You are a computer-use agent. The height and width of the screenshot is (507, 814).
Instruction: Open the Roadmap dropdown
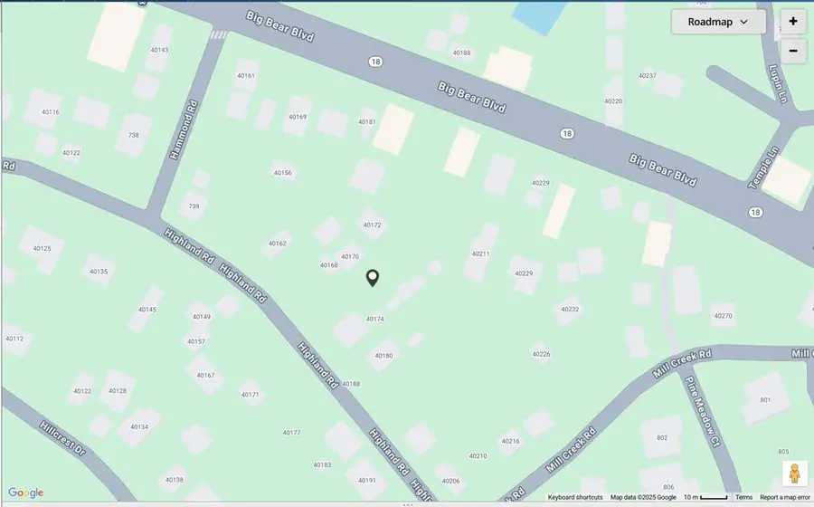click(x=718, y=22)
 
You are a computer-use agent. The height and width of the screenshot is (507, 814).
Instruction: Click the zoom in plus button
click(x=793, y=22)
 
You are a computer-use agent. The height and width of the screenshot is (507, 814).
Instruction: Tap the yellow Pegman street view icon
click(x=794, y=474)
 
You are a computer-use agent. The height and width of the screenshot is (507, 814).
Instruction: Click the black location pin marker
click(x=372, y=278)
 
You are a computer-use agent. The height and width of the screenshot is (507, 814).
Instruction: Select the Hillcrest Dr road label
click(x=62, y=437)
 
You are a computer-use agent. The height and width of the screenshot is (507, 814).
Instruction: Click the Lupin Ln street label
click(x=779, y=82)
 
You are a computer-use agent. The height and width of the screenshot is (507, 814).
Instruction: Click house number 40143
click(x=159, y=51)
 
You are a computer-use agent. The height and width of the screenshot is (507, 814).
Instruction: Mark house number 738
click(x=134, y=135)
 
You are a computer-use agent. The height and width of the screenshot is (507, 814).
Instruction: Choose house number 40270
click(x=723, y=316)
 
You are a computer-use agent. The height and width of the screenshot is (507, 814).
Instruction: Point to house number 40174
click(x=374, y=319)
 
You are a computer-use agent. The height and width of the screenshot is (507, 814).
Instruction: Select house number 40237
click(x=647, y=76)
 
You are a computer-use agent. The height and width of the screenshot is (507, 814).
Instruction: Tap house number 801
click(x=765, y=399)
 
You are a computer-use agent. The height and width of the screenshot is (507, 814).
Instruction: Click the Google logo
click(x=25, y=493)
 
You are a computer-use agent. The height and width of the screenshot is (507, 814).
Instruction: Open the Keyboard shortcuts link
click(x=575, y=497)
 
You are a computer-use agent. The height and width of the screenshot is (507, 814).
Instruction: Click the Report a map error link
click(x=784, y=497)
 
